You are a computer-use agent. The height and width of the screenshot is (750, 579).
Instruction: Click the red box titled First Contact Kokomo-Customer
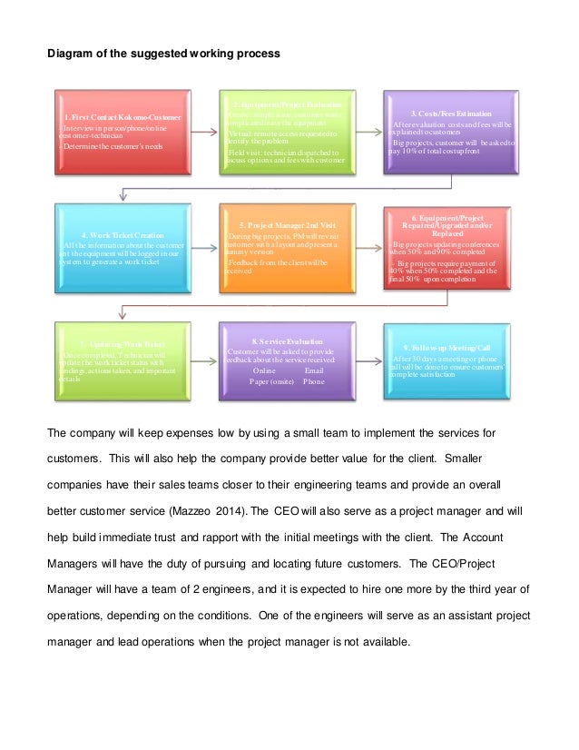pos(123,132)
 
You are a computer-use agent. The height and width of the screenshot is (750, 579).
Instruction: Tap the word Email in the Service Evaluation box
pos(313,371)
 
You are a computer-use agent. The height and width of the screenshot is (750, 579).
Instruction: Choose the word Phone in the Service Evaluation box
pos(314,382)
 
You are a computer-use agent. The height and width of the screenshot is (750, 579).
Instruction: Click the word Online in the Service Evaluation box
pos(263,371)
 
